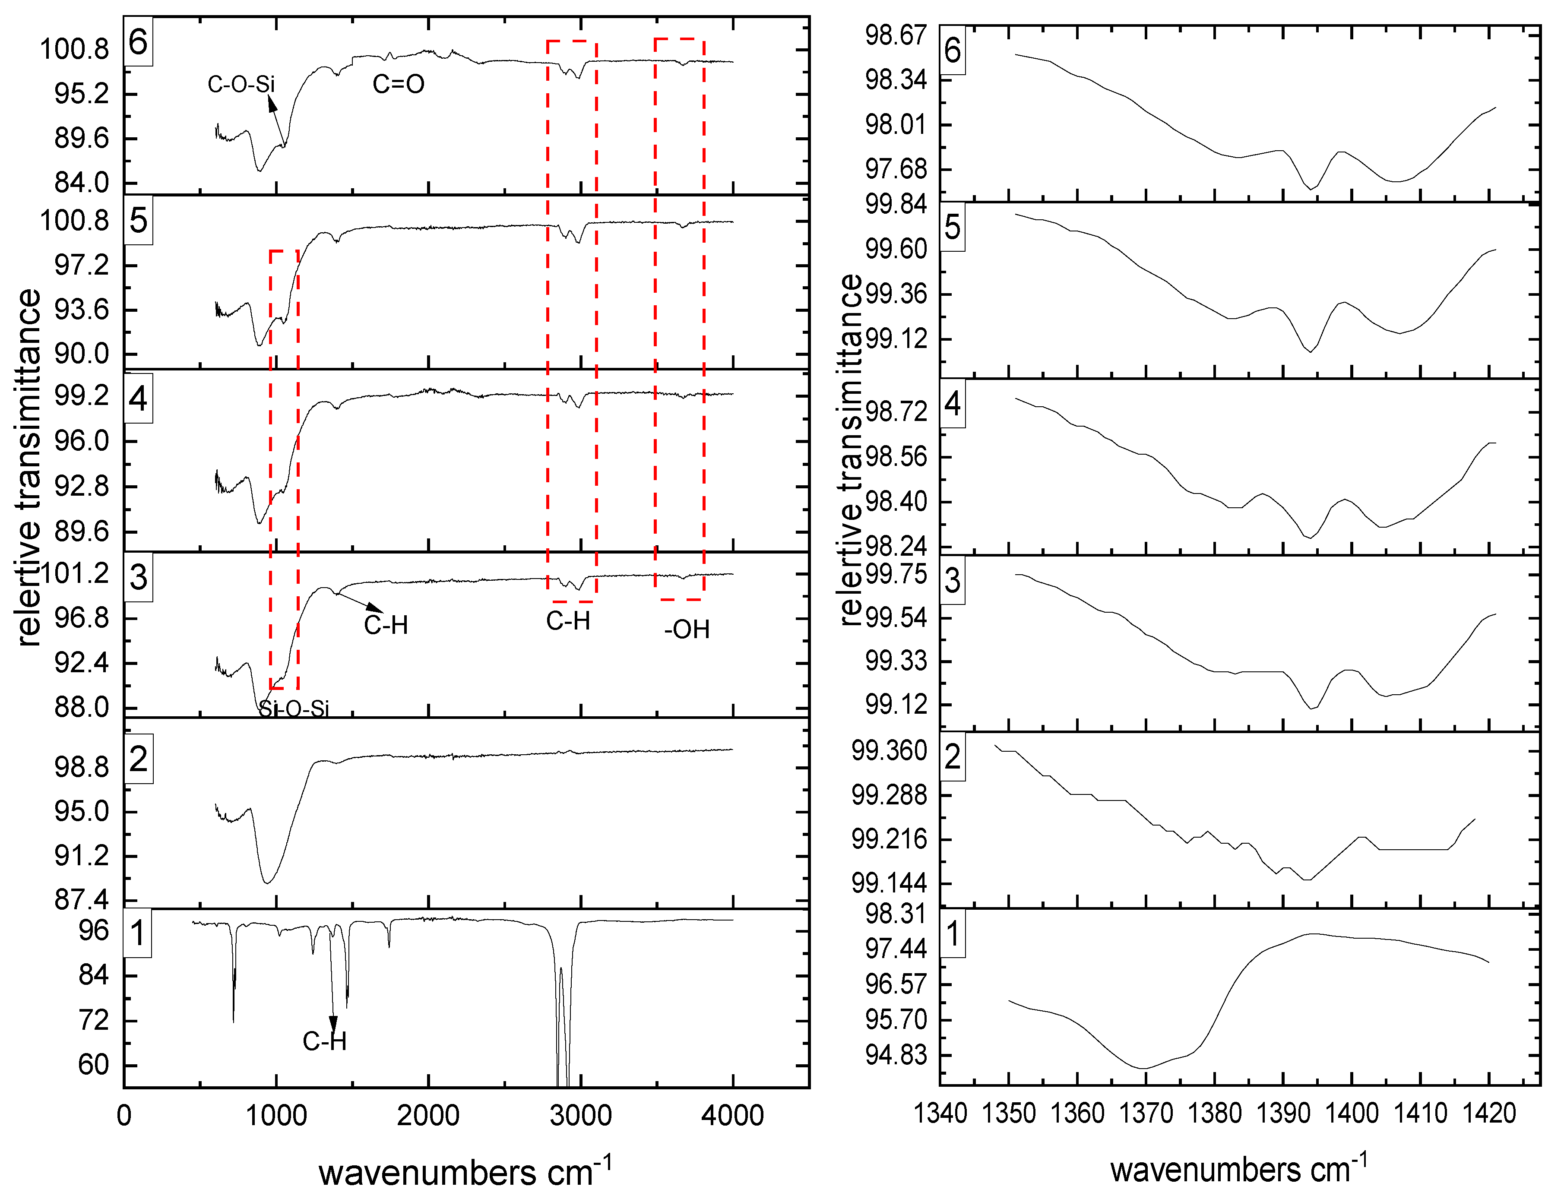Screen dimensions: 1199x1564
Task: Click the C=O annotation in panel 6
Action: tap(398, 84)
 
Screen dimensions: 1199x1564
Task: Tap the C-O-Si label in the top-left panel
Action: tap(241, 84)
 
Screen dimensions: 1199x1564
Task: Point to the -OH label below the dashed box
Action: tap(687, 630)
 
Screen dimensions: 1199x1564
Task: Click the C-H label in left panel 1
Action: tap(325, 1041)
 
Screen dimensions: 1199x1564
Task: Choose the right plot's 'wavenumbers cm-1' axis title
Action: tap(1238, 1169)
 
